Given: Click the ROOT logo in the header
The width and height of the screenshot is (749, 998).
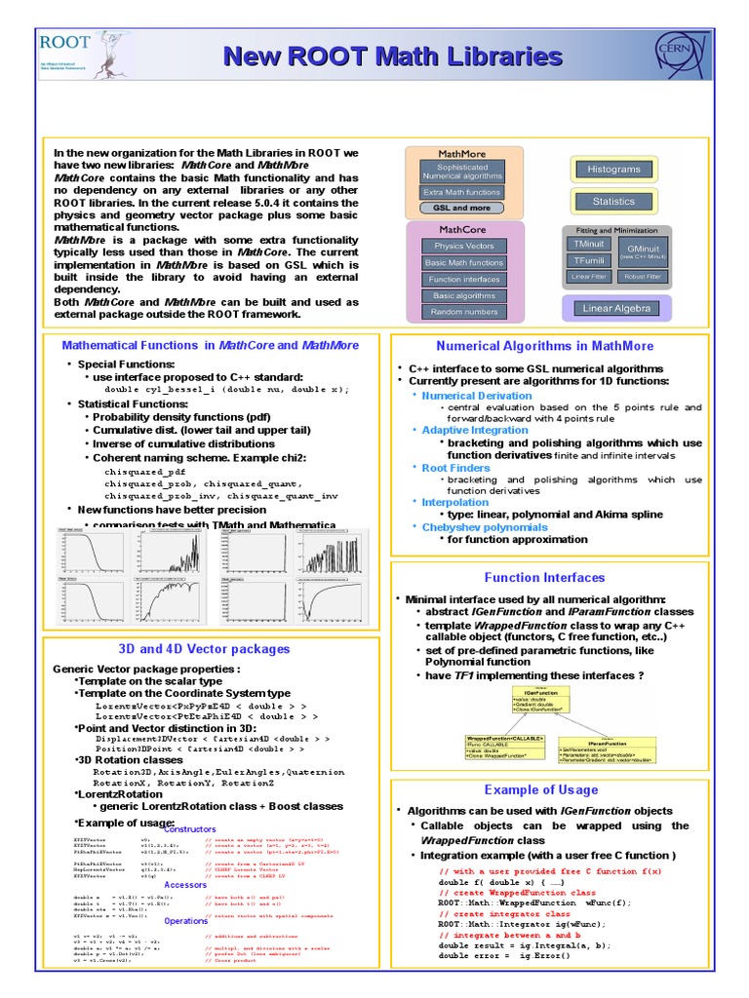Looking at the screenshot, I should click(66, 55).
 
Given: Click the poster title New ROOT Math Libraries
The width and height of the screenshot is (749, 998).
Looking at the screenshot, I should click(392, 57).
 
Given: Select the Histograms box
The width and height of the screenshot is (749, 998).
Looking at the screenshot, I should click(613, 170).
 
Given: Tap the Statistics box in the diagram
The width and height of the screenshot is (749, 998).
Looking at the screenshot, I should click(613, 202).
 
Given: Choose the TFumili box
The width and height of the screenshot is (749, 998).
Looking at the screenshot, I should click(588, 260).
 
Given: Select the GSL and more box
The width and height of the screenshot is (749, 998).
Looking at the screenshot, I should click(462, 208).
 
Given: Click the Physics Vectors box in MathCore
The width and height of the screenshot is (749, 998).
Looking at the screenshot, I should click(463, 246).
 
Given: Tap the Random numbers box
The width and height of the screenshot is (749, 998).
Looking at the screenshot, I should click(463, 312).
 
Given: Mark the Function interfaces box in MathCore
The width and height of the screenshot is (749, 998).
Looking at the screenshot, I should click(463, 279).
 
